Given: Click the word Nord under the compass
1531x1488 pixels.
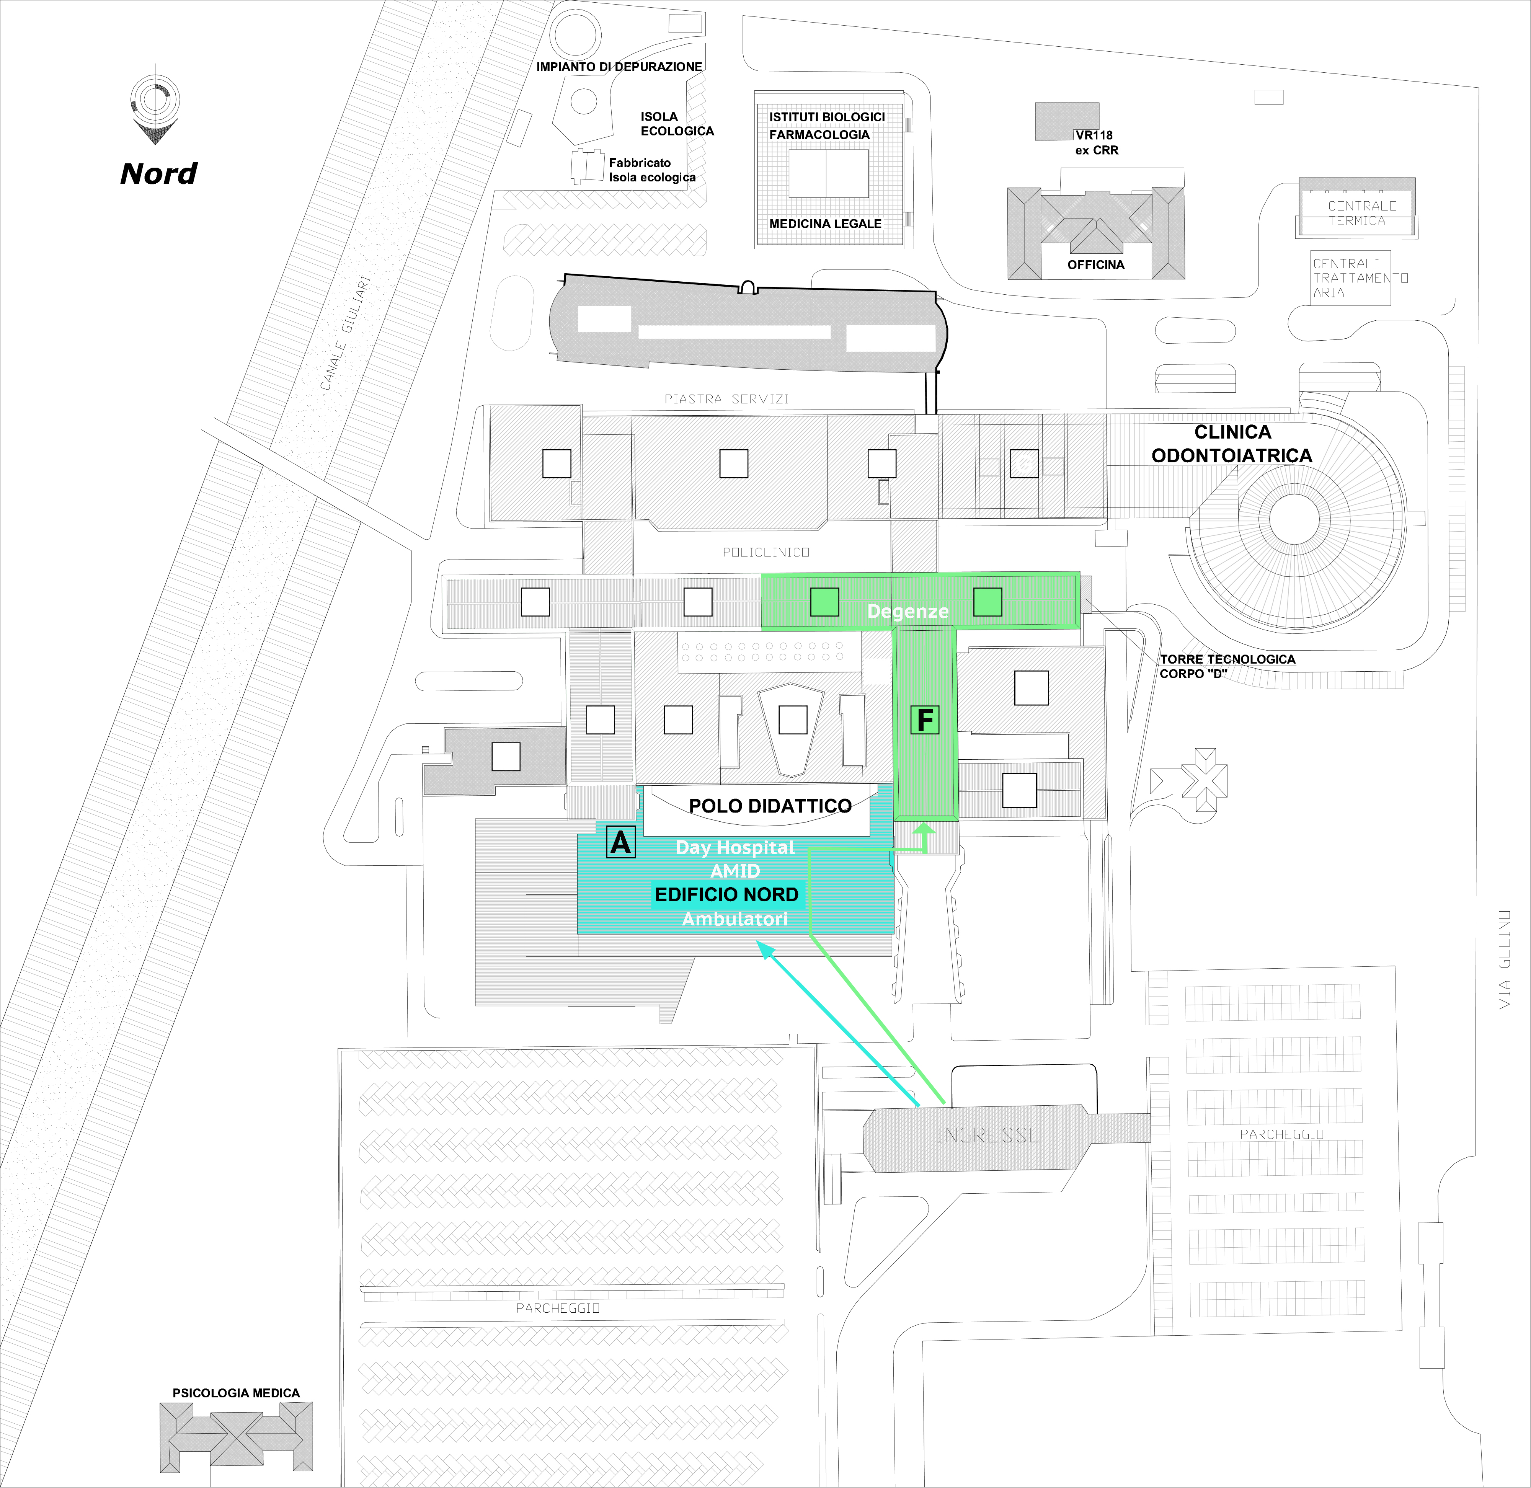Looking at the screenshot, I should [158, 173].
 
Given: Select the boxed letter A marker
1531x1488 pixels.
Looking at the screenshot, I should [620, 842].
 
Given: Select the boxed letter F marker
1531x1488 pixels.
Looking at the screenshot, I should [925, 720].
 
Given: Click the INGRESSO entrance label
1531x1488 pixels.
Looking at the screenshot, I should [989, 1135].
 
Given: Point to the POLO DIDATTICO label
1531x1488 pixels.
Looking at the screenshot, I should [770, 806].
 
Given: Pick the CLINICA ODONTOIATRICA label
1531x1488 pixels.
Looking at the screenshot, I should [1232, 444].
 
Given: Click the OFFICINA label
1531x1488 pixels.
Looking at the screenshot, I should [1096, 265].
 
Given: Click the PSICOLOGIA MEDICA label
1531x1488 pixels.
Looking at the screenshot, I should [236, 1393].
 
